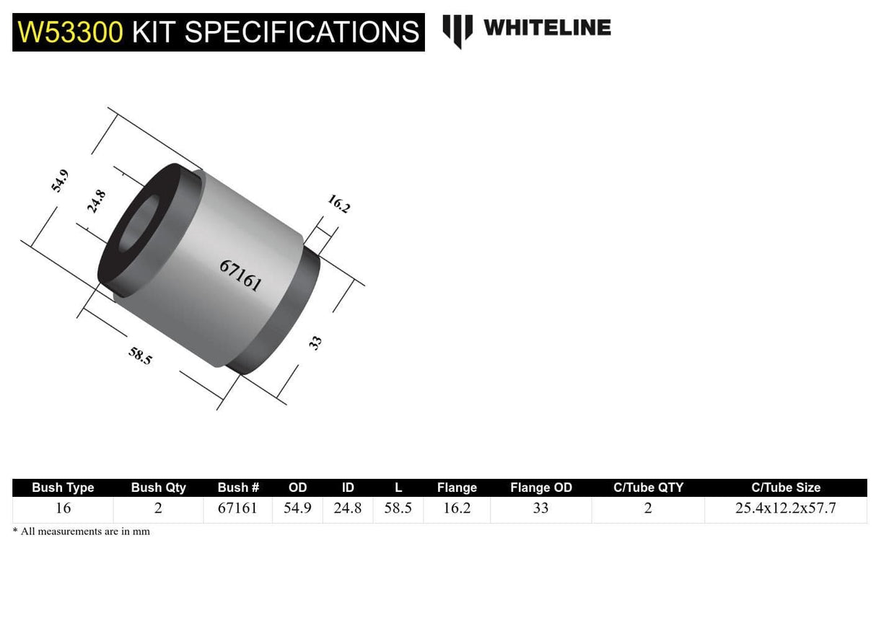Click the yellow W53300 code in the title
click(x=71, y=32)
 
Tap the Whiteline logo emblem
click(x=457, y=30)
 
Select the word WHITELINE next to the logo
click(x=546, y=28)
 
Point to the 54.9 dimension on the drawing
click(x=60, y=180)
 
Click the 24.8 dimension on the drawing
click(x=96, y=201)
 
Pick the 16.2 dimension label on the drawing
click(x=338, y=203)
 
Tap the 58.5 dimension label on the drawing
click(x=140, y=355)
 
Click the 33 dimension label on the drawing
click(x=315, y=343)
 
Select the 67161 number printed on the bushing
click(x=240, y=275)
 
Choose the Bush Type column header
click(x=63, y=487)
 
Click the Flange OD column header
click(x=540, y=487)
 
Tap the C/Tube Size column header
click(x=785, y=487)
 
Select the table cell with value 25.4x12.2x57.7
click(x=785, y=508)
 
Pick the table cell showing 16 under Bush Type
click(x=63, y=508)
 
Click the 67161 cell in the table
click(x=237, y=508)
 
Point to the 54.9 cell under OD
click(x=297, y=508)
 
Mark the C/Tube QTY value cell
click(x=647, y=508)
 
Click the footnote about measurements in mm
click(x=81, y=531)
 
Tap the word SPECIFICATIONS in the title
click(x=301, y=32)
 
